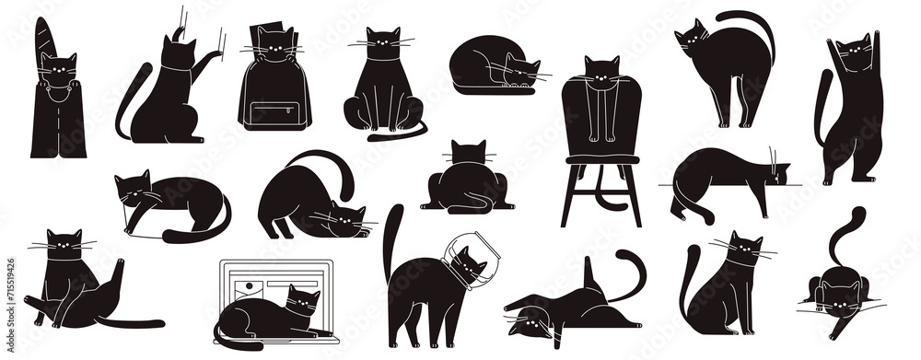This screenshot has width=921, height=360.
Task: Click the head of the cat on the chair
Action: pyautogui.click(x=602, y=71)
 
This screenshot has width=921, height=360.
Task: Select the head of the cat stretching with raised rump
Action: pyautogui.click(x=344, y=221)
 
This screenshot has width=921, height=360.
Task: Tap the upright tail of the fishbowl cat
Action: pyautogui.click(x=394, y=235)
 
